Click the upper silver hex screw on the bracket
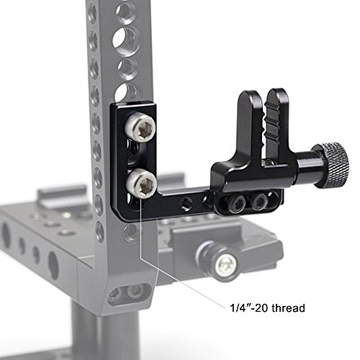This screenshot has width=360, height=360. [140, 129]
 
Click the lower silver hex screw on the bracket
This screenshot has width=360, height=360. [142, 184]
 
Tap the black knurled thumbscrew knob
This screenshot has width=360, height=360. [333, 166]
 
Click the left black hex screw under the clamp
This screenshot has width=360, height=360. [238, 204]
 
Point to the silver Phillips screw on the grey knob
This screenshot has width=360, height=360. [225, 265]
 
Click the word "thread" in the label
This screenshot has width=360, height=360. [289, 308]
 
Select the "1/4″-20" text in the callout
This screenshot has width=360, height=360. [249, 308]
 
